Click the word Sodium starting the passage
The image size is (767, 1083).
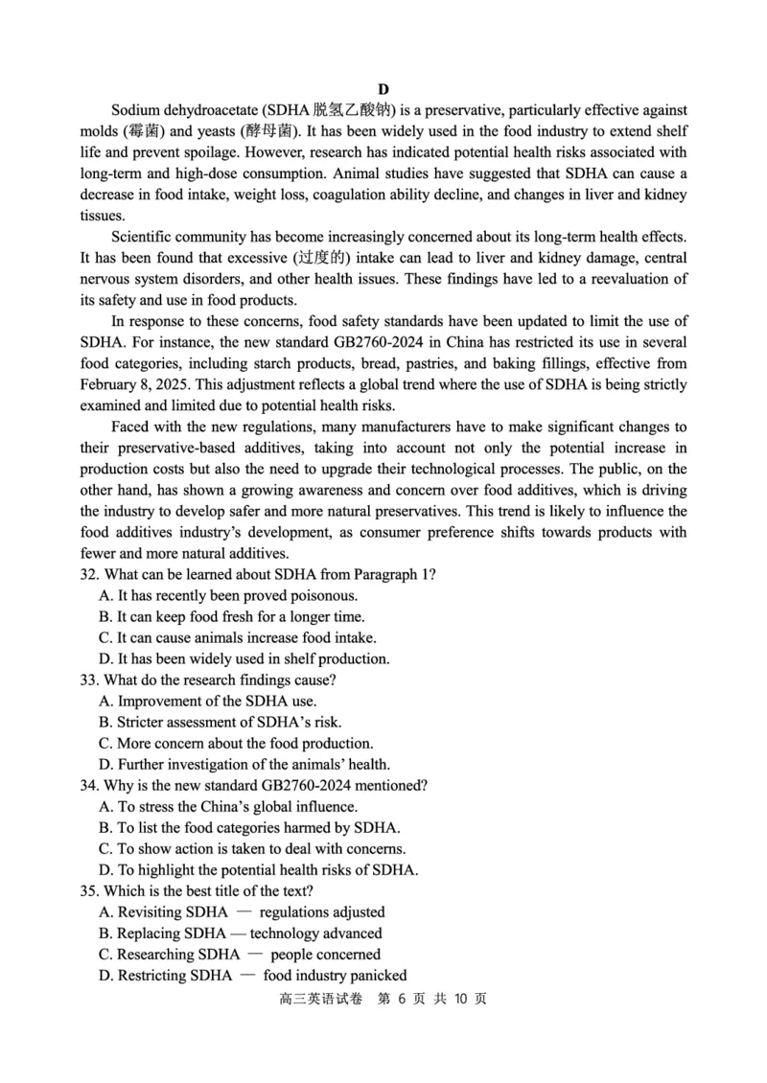click(136, 110)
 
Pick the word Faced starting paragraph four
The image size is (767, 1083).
click(132, 426)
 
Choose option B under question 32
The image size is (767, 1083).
click(231, 616)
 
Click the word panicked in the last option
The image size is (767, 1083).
click(377, 975)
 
